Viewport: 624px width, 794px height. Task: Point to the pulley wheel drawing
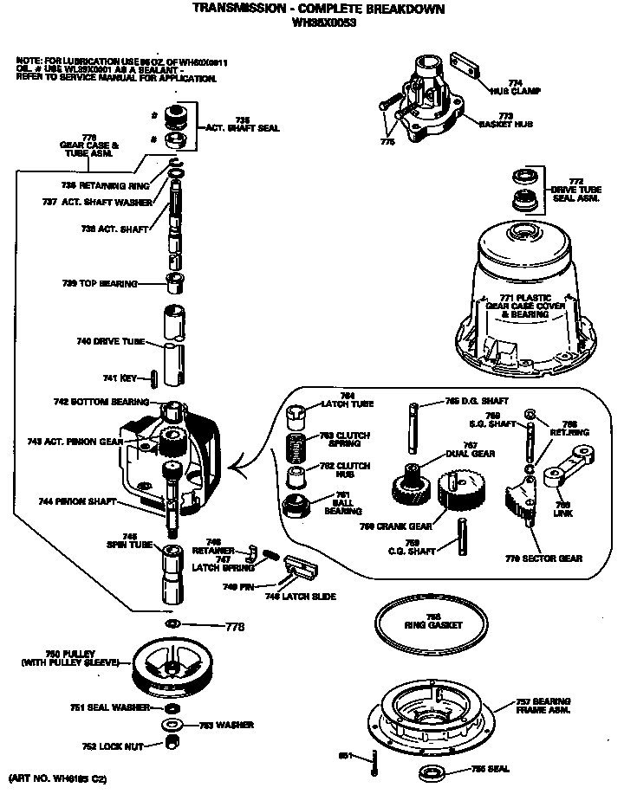pos(173,667)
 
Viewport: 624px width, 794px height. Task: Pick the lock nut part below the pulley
pos(172,742)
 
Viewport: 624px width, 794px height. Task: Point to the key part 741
pos(153,378)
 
